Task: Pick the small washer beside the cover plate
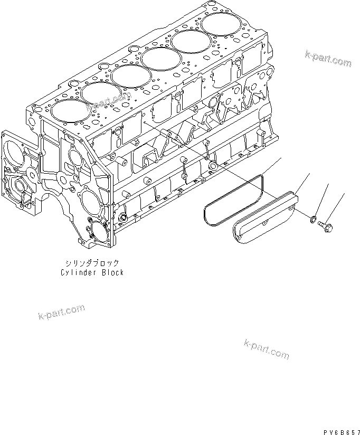(x=314, y=218)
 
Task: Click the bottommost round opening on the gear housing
(x=97, y=231)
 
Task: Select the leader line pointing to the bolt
(x=336, y=206)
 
